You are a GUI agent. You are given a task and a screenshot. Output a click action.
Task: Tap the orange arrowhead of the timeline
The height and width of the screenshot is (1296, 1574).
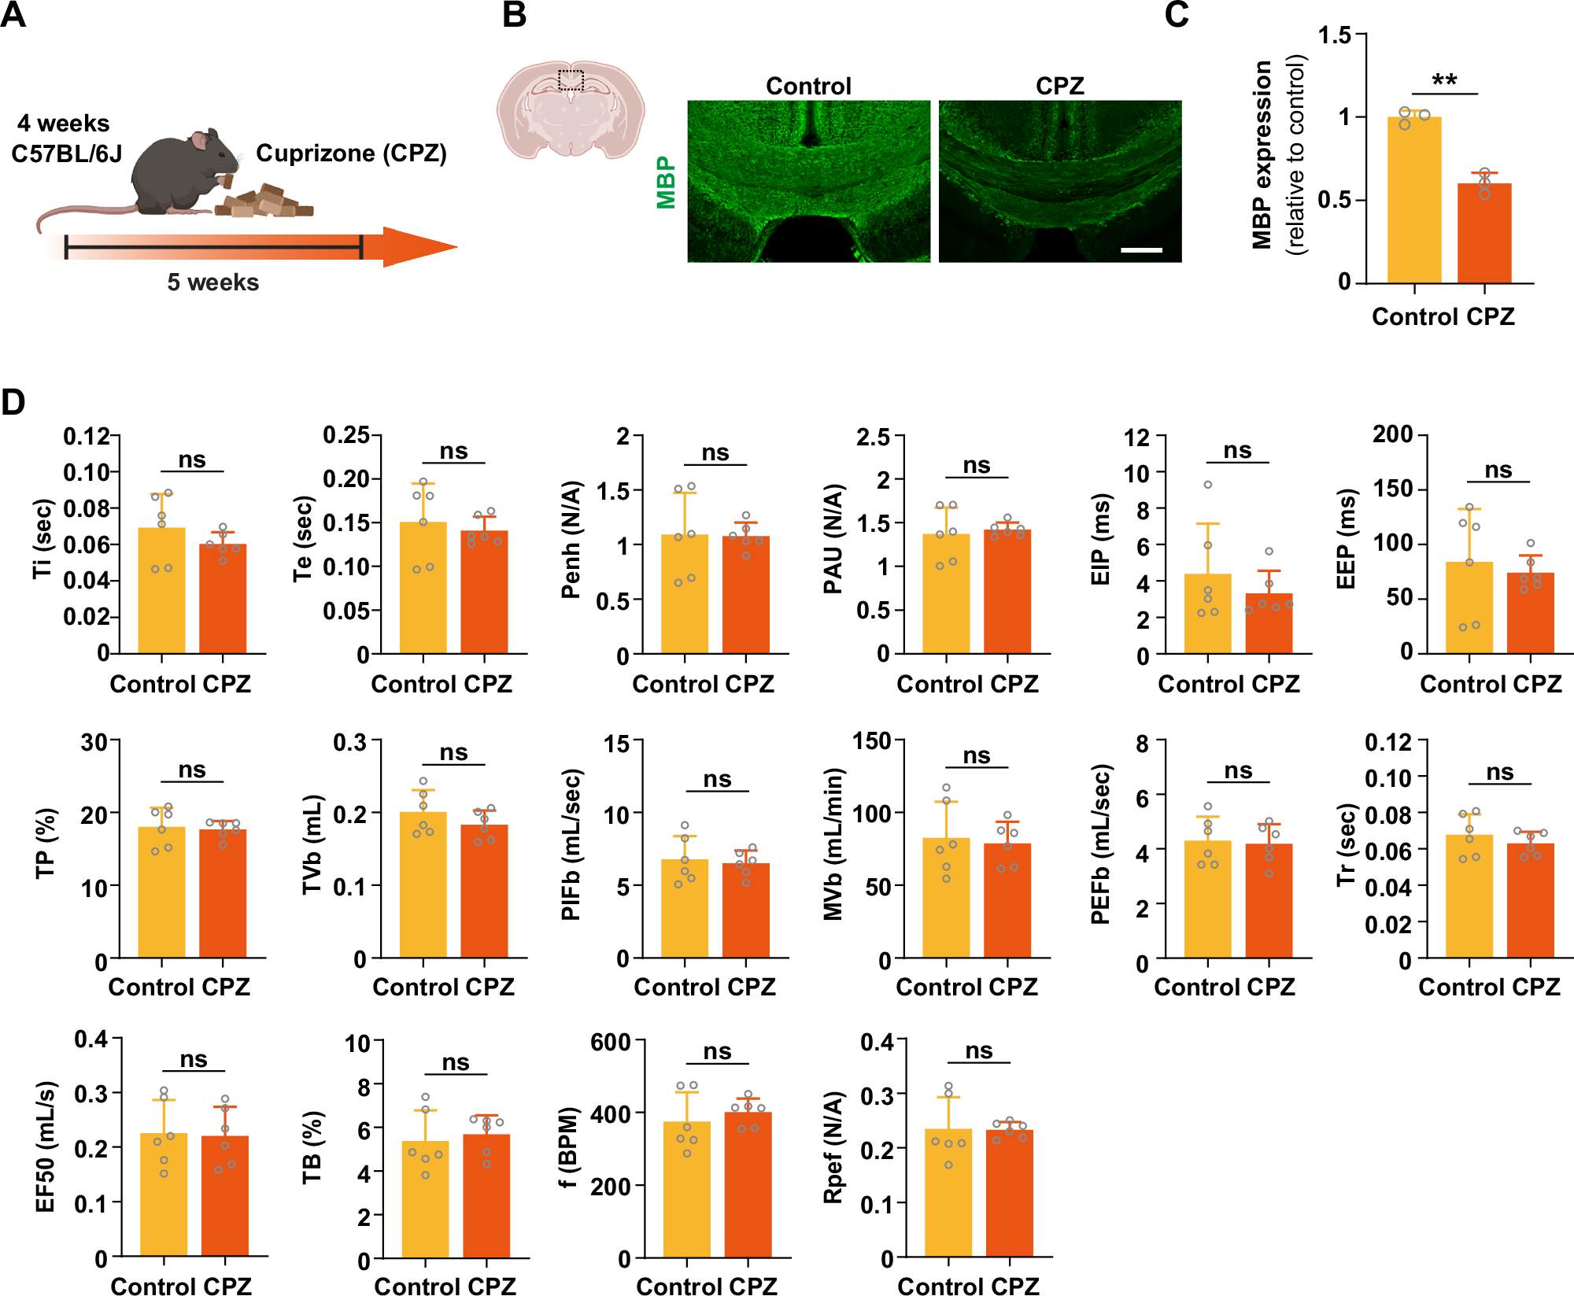coord(417,247)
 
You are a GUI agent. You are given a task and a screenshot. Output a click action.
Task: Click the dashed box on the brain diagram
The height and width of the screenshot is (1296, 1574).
coord(571,79)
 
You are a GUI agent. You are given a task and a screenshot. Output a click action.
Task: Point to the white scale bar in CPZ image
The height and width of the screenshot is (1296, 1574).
coord(1141,249)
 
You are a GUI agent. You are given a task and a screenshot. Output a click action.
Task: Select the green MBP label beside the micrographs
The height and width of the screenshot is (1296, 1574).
coord(666,182)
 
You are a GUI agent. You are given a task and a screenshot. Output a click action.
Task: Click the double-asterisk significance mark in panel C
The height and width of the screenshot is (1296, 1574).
coord(1444,80)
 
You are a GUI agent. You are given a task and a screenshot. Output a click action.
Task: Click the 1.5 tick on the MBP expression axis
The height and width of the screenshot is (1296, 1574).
coord(1335,35)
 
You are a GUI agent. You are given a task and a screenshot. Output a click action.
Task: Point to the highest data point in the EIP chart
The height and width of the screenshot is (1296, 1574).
coord(1208,485)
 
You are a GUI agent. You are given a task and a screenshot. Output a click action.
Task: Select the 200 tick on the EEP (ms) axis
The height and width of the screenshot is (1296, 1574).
coord(1392,434)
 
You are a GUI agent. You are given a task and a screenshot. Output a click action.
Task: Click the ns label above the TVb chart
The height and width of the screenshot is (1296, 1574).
coord(453,753)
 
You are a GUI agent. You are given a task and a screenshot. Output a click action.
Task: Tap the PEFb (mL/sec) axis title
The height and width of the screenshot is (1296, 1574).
coord(1100,844)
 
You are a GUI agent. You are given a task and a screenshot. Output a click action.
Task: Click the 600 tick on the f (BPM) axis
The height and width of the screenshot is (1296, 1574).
coord(611,1043)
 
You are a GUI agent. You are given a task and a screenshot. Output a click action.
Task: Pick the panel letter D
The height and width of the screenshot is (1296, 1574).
coord(13,402)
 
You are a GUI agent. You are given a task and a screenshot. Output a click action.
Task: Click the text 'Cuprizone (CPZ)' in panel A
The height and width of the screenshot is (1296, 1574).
coord(351,153)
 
